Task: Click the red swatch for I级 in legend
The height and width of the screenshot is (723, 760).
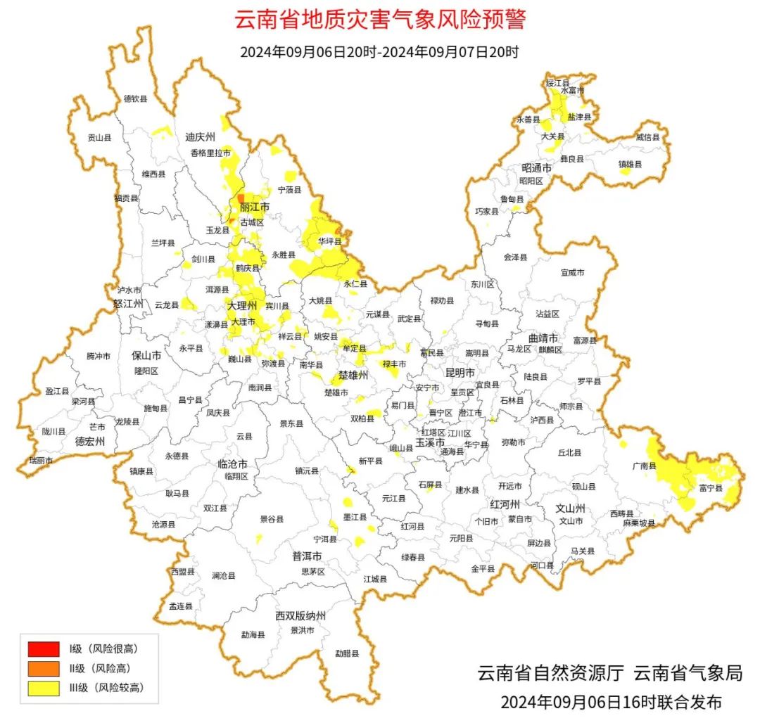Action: tap(44, 648)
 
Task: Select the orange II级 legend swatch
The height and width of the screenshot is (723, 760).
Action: tap(44, 668)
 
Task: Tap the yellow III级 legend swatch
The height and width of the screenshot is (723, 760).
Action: tap(44, 688)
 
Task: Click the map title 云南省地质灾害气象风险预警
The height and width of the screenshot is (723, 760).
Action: tap(379, 19)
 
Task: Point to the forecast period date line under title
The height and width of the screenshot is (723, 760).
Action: tap(379, 52)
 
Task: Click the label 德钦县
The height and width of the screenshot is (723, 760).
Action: tap(136, 99)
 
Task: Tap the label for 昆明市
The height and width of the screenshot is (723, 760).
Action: tap(460, 372)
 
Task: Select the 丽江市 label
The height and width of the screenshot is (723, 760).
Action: tap(255, 207)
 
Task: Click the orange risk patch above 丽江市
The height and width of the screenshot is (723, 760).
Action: tap(241, 199)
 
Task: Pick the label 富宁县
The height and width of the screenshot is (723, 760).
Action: tap(711, 487)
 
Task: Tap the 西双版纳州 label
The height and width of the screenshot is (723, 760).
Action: tap(300, 616)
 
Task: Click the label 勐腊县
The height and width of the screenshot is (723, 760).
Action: tap(346, 653)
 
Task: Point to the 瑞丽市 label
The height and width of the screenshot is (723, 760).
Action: tap(41, 460)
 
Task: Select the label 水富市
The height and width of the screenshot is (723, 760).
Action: tap(572, 91)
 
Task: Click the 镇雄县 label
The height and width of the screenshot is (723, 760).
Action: tap(631, 165)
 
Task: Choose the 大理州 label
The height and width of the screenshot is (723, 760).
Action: tap(241, 307)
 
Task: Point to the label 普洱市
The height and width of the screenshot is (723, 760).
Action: tap(307, 556)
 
